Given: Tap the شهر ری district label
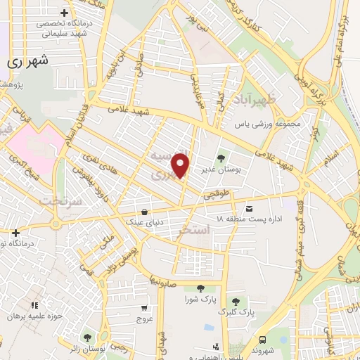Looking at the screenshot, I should tap(30, 61).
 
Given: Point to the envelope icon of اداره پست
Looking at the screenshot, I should tap(249, 208).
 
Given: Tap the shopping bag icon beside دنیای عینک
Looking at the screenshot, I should tap(143, 211).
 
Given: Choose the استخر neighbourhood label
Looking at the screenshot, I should tap(195, 230).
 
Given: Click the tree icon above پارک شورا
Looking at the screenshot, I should tap(200, 288).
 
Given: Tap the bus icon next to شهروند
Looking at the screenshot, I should tap(262, 338).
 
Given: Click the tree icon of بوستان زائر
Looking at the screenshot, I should tap(87, 338).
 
